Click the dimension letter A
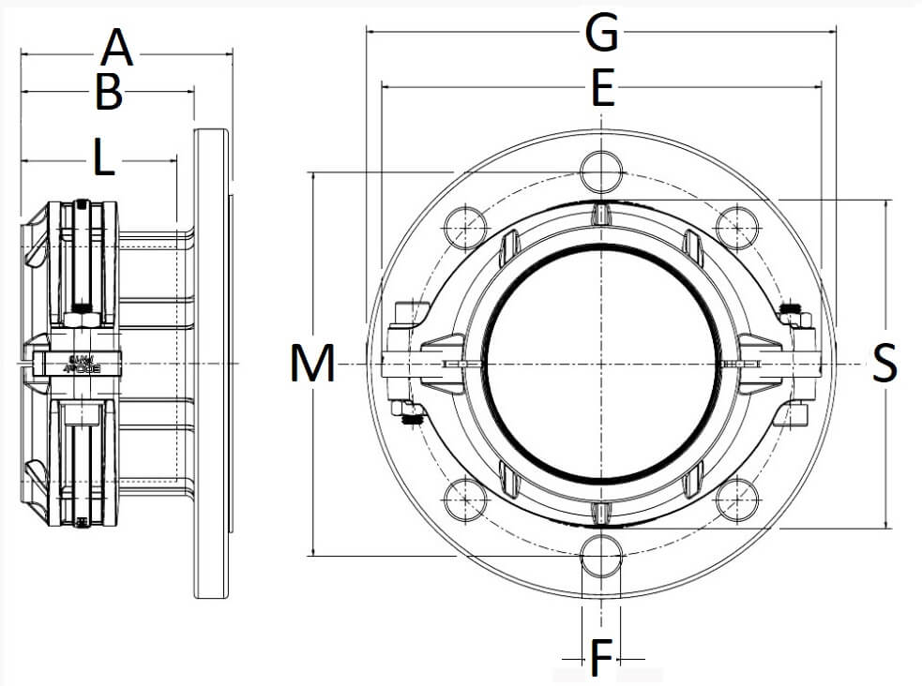coord(117,47)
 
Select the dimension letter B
coord(109,92)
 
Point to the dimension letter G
coord(601,33)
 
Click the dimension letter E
coord(601,90)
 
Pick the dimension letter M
coord(312,364)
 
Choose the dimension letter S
coord(884,364)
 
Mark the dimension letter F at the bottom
coord(601,659)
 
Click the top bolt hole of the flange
coord(601,171)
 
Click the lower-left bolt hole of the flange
coord(465,500)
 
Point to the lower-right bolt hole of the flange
coord(737,500)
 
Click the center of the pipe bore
coord(601,364)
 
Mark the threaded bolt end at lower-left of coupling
coord(409,419)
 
